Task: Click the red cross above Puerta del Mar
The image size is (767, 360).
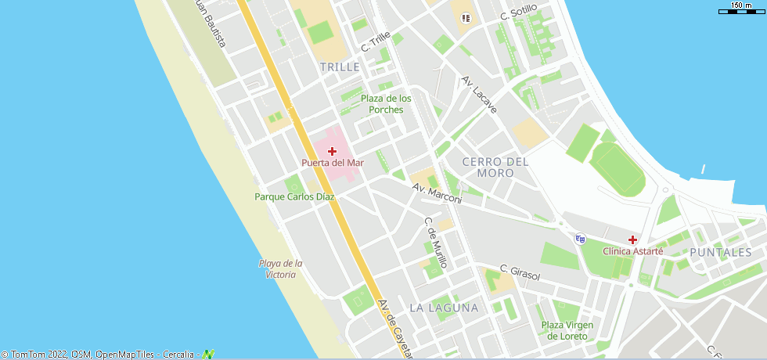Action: [332, 150]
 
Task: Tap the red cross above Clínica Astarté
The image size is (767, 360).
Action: [632, 239]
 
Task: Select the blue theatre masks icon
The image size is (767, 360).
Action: [580, 239]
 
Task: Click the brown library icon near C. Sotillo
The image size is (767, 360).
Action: [466, 17]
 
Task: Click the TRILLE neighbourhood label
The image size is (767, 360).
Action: [340, 67]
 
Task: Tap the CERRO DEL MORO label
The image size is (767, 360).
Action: [495, 167]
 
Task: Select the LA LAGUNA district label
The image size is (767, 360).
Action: [444, 308]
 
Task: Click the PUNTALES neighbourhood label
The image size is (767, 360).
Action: [721, 252]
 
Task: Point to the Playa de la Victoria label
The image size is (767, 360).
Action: [281, 268]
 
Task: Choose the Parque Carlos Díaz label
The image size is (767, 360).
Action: [294, 196]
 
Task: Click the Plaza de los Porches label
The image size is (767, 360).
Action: [386, 103]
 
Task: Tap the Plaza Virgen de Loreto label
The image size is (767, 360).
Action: [567, 330]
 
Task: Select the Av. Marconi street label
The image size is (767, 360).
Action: [437, 194]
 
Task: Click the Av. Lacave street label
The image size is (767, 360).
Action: [479, 95]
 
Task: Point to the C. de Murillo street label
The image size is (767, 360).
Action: [435, 243]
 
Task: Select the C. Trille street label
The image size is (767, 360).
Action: [376, 42]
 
